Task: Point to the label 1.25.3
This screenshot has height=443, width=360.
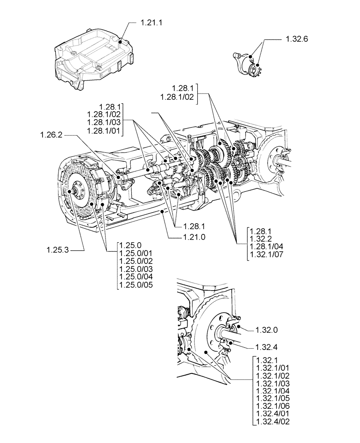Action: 57,251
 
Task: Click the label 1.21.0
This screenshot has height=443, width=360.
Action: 194,237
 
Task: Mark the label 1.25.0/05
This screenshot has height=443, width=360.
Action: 136,285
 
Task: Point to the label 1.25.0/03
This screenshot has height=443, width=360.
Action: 136,269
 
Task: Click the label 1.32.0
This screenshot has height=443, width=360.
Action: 267,330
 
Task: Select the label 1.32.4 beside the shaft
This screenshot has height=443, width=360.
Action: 267,346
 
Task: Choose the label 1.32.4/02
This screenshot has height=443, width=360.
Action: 273,423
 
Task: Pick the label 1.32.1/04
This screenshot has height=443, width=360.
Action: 273,391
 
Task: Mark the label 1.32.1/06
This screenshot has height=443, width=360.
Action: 273,407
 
